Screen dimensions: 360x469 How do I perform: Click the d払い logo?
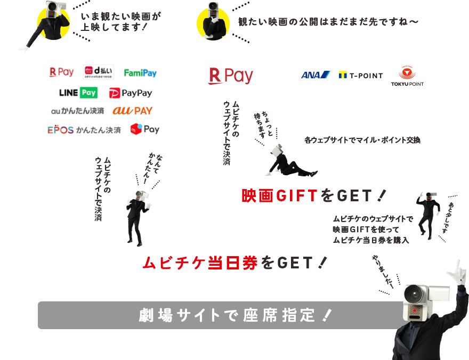click(x=95, y=72)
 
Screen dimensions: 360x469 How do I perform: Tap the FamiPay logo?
click(x=140, y=72)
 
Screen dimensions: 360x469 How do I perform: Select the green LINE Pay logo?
click(x=78, y=93)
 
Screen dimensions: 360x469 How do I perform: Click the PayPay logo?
click(x=131, y=93)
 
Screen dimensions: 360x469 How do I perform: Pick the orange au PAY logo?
click(x=132, y=111)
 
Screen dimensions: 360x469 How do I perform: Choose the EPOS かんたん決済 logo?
click(x=84, y=129)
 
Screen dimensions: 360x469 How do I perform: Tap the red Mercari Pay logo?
click(x=144, y=129)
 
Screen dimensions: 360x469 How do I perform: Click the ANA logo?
click(x=315, y=75)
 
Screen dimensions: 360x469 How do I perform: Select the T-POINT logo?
click(x=361, y=75)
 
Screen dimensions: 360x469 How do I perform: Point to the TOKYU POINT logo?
click(x=407, y=77)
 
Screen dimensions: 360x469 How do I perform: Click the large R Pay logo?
click(x=230, y=76)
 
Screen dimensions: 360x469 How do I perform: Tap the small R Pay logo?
click(x=61, y=72)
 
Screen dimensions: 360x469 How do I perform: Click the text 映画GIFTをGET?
click(x=313, y=195)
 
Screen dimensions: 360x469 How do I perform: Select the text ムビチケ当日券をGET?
click(x=234, y=263)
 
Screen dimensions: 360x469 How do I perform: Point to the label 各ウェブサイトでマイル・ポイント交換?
click(x=363, y=141)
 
